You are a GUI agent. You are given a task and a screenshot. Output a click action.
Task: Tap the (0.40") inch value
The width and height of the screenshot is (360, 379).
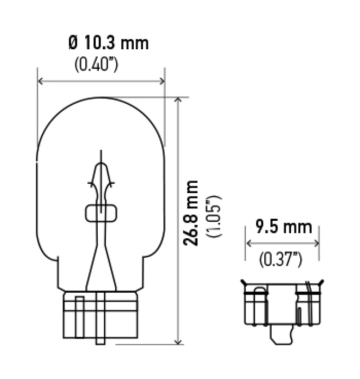click(96, 64)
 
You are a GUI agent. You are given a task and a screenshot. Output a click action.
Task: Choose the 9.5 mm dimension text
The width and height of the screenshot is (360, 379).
click(284, 227)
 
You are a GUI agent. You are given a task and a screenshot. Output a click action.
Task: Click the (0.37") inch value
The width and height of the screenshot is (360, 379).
click(281, 259)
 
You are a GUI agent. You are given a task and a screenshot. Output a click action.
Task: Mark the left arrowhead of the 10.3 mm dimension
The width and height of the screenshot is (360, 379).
click(40, 81)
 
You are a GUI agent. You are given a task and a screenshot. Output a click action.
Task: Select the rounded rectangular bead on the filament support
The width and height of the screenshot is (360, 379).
click(101, 213)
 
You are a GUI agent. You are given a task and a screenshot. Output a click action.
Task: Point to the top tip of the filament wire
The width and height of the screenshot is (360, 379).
click(101, 153)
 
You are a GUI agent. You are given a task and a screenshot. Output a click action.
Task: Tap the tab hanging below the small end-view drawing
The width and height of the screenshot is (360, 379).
click(282, 337)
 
